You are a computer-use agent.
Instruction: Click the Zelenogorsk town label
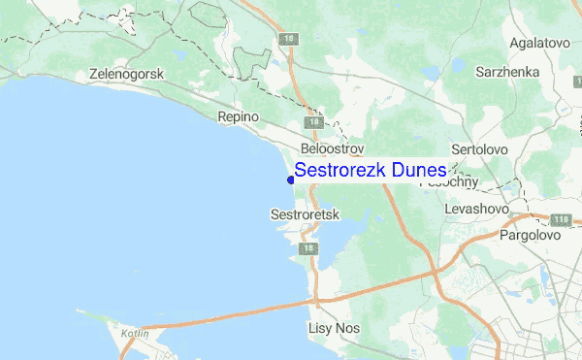pos(127,74)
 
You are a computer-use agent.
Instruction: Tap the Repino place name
pos(239,116)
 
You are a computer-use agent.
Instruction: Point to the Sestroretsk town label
pos(305,213)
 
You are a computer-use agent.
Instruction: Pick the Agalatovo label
pos(536,44)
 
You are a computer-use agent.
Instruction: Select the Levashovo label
pos(477,209)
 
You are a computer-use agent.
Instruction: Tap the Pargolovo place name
pos(531,235)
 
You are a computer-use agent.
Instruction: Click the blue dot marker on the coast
pos(290,180)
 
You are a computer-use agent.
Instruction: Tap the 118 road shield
pos(560,220)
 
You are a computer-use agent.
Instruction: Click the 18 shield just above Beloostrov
pos(312,123)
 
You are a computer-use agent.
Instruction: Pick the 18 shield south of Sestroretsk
pos(308,249)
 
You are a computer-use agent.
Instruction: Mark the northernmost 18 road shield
pos(288,39)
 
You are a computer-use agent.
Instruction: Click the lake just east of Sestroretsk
pos(339,233)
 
